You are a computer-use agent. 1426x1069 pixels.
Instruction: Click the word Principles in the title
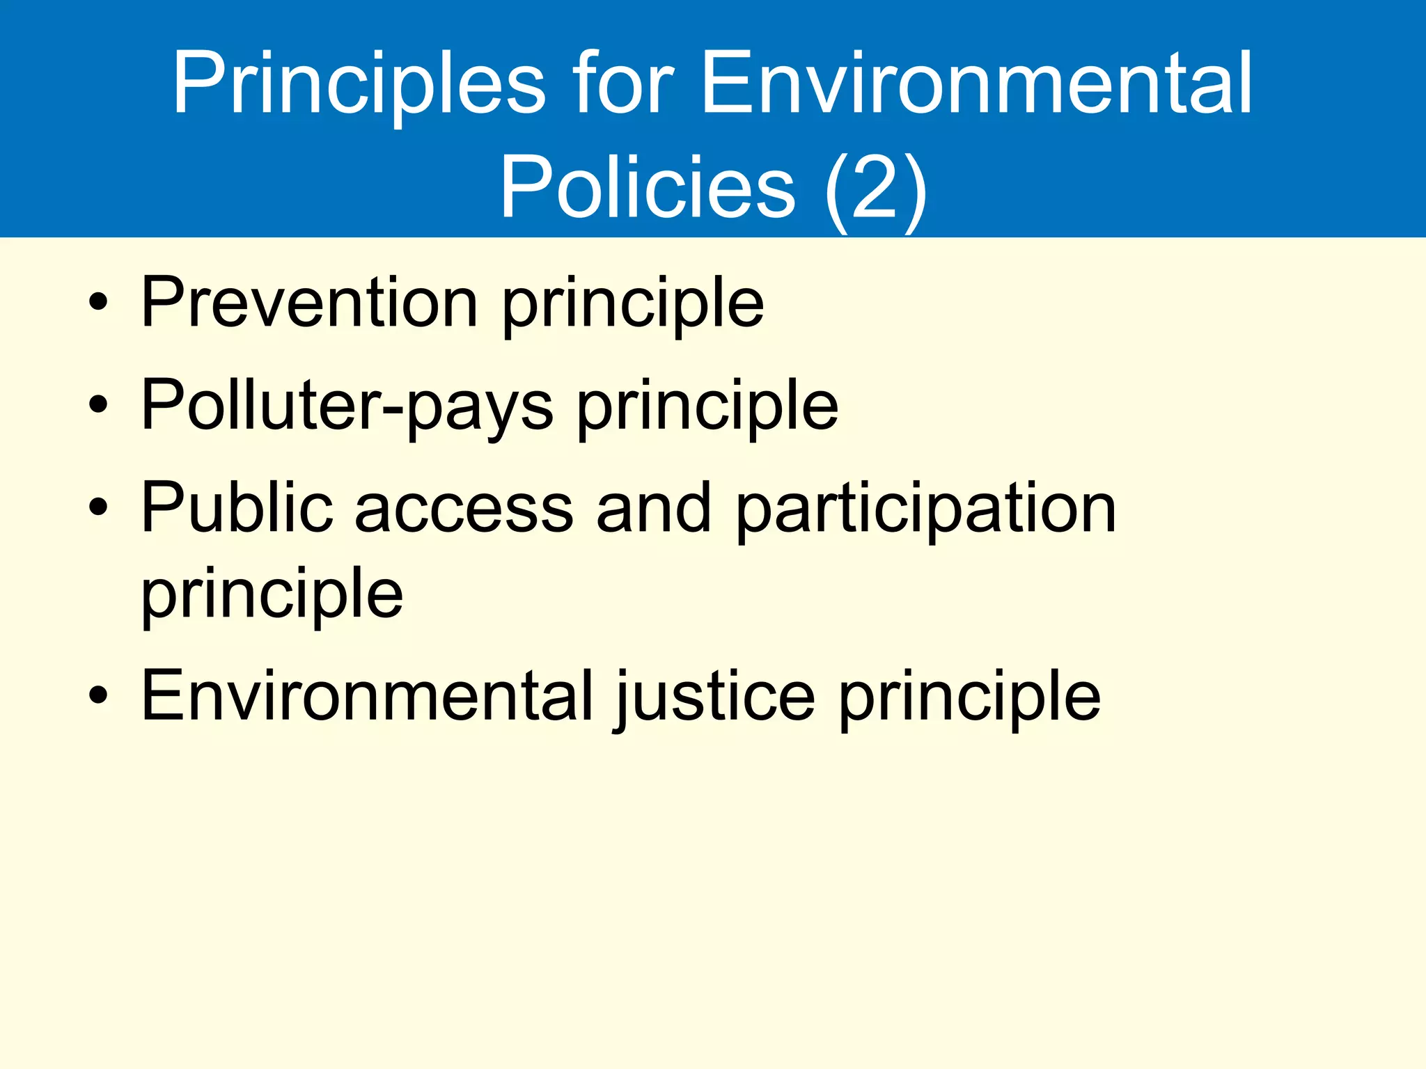(359, 84)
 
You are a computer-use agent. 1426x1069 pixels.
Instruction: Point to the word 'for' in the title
(624, 84)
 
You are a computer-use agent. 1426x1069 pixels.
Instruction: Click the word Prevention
(309, 303)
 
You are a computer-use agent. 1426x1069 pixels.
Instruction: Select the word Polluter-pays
(347, 406)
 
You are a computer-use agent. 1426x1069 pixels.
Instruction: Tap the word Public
(237, 508)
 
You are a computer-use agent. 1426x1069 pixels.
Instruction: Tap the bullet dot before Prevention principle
(98, 303)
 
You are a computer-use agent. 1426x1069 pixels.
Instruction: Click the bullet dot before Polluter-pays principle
(98, 406)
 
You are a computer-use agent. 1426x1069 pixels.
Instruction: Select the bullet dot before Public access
(98, 508)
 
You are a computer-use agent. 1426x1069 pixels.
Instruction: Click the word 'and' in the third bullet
(654, 508)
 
